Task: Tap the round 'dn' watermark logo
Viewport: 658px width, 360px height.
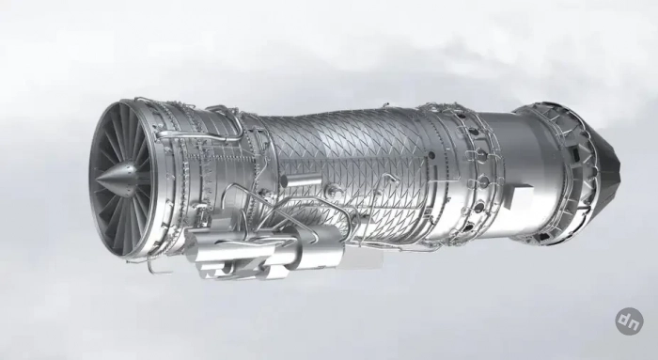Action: [x=630, y=321]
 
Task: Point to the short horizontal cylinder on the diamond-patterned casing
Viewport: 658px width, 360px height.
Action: [x=301, y=181]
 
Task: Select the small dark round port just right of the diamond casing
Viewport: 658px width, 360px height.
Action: [x=431, y=156]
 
